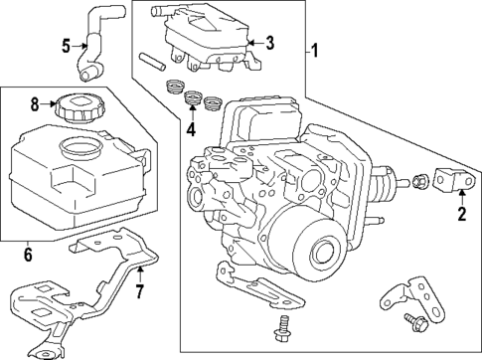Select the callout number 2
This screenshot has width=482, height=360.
tap(460, 211)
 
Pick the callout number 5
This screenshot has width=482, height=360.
tap(67, 45)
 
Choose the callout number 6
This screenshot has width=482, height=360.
tap(28, 256)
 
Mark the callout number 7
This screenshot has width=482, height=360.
tap(140, 292)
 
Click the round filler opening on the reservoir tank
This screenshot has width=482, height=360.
tap(79, 149)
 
